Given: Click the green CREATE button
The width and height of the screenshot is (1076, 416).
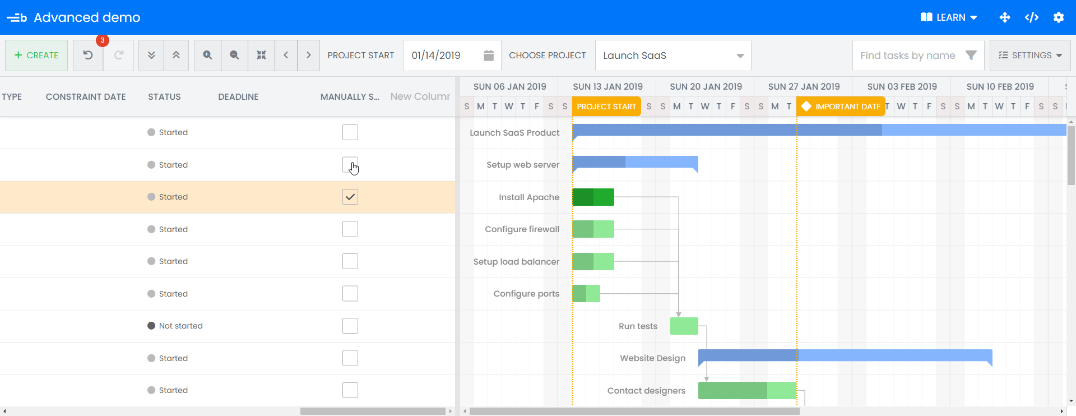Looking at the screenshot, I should point(36,56).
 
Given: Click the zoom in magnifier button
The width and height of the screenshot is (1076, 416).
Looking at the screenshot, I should point(207,56).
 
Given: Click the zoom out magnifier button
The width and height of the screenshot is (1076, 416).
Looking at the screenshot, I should point(234,56).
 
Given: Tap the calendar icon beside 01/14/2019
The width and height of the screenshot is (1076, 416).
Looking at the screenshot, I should point(488,56).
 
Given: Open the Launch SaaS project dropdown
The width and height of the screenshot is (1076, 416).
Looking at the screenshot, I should point(672,56).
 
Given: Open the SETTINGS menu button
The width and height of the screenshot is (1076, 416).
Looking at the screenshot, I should point(1029,56).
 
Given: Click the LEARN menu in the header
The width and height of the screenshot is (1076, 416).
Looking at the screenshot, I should point(949,17).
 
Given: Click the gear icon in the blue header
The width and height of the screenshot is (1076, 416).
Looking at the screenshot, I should point(1058,17).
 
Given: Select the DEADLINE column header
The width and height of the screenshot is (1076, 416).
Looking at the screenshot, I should point(238,97).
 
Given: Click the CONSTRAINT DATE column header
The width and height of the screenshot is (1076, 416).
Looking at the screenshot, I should point(86,97).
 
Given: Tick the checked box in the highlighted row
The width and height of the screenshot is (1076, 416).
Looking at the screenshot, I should point(350,197).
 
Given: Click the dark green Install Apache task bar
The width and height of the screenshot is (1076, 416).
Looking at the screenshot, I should point(593,197).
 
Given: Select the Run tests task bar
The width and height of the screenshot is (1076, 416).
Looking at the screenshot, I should point(684,326).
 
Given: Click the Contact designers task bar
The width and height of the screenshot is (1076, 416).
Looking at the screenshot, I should point(746,391).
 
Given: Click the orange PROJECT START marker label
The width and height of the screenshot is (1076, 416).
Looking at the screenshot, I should point(606,107).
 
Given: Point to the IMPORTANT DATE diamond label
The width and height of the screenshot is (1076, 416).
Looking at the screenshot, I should point(841,107).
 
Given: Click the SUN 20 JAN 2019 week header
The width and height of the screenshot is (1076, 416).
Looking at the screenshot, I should point(706,87).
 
